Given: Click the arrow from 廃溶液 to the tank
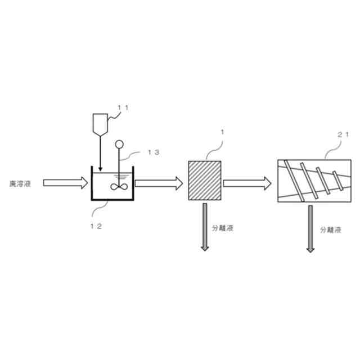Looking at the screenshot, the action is click(65, 183).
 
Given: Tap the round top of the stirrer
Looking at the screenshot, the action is click(119, 143).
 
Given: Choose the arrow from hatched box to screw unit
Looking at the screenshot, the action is click(247, 183).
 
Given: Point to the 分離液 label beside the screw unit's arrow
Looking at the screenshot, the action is click(331, 231).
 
